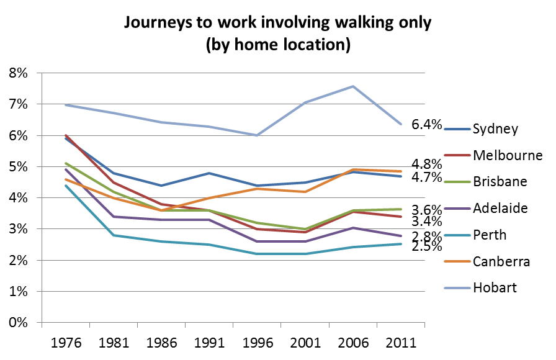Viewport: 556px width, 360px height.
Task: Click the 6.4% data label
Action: click(428, 125)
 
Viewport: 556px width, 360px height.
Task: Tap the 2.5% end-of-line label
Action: click(428, 246)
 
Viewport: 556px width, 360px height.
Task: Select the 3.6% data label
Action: click(428, 210)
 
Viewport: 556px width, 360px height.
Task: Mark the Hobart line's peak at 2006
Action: click(353, 86)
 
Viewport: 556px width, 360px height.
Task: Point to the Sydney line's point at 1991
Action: click(209, 173)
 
